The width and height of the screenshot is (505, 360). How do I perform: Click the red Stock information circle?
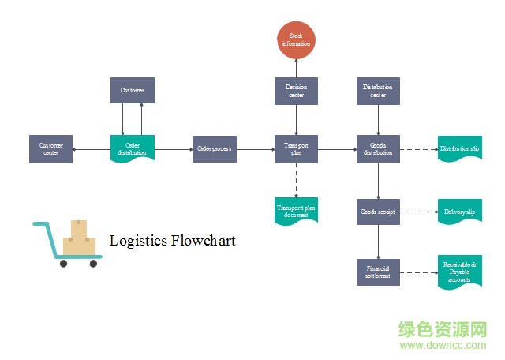(296, 39)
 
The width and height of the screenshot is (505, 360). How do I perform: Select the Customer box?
(132, 91)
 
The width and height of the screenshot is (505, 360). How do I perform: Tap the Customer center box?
(50, 148)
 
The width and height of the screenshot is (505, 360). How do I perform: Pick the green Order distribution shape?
(132, 148)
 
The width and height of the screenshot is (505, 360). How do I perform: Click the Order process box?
(214, 148)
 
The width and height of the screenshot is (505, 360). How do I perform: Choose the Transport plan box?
(296, 148)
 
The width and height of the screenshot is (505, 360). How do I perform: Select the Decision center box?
(296, 91)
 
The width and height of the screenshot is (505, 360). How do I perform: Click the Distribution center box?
(378, 91)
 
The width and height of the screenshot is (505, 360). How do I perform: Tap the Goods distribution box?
(378, 148)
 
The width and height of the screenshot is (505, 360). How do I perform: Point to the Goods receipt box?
(378, 212)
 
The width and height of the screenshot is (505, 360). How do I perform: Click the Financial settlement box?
(378, 272)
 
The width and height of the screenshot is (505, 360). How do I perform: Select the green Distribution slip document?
(460, 148)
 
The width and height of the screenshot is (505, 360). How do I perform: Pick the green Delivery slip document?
(460, 212)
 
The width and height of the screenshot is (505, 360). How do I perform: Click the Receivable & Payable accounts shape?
(460, 272)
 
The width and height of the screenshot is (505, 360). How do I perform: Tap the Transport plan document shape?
(296, 211)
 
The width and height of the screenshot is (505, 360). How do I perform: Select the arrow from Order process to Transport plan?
(255, 148)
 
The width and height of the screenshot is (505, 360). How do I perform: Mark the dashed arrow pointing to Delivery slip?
(418, 212)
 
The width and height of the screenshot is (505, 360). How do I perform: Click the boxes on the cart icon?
(79, 239)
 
